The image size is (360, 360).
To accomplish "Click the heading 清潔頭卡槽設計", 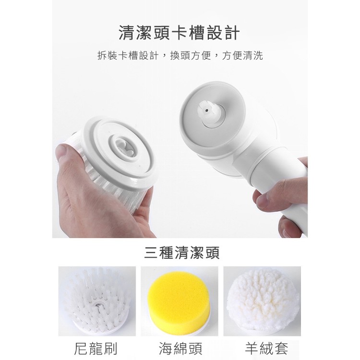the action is [180, 33].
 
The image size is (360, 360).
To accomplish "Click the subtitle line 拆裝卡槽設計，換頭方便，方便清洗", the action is [180, 56].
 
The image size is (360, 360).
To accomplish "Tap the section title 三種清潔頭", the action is [182, 252].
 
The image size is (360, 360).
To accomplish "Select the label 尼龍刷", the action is [96, 348].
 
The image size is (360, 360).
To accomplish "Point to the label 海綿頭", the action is [180, 348].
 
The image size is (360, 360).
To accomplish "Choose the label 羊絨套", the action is [266, 348].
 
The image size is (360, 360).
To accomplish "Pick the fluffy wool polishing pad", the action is [263, 300].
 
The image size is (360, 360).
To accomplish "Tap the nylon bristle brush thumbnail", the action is [97, 301].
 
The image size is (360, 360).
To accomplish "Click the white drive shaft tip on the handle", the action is [206, 110].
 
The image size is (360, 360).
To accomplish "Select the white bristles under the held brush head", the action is [115, 188].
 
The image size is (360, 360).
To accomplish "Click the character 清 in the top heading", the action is [127, 33].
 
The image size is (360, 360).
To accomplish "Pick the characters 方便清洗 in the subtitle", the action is [242, 56].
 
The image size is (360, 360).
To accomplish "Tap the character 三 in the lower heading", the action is [152, 252].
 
